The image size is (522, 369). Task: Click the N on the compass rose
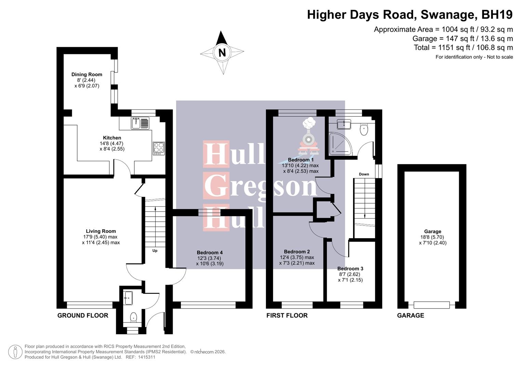[x=222, y=53]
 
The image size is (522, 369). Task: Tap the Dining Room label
[x=87, y=74]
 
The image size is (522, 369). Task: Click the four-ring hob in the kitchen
[x=159, y=148]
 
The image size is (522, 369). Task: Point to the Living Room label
[x=101, y=231]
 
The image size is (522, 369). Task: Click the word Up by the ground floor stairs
[x=155, y=251]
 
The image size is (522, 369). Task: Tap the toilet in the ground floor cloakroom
[x=133, y=318]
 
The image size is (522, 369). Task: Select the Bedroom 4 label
[x=210, y=253]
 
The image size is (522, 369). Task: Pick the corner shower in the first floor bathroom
[x=339, y=143]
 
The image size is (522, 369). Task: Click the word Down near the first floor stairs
[x=364, y=174]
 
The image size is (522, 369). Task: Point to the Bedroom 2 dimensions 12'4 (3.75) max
[x=297, y=258]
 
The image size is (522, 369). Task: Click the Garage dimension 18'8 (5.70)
[x=432, y=237]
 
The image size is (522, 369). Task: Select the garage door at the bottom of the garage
[x=431, y=305]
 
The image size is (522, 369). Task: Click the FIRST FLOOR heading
[x=287, y=315]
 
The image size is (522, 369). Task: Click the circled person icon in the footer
[x=15, y=352]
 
